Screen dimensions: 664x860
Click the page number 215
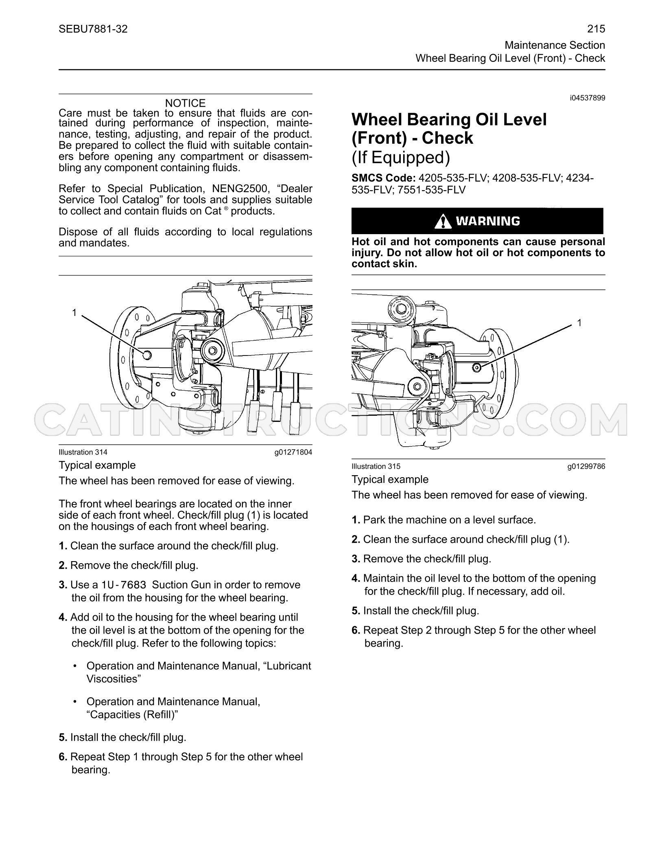[x=596, y=29]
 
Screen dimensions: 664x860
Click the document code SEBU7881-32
[x=93, y=29]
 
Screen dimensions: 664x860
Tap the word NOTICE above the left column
[x=186, y=103]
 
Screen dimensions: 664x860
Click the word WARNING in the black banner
[x=488, y=221]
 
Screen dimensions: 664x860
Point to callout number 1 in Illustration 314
[x=74, y=312]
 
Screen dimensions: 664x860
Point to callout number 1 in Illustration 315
[x=579, y=323]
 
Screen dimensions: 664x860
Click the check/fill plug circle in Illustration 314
[x=147, y=355]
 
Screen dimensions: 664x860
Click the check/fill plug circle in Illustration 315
[x=477, y=368]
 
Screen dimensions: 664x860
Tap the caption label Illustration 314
[x=83, y=452]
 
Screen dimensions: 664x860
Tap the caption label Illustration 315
[x=376, y=466]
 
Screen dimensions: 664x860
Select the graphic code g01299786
[x=586, y=466]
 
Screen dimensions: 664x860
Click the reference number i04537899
[x=588, y=98]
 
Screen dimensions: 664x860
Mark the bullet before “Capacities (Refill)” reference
[x=75, y=702]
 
